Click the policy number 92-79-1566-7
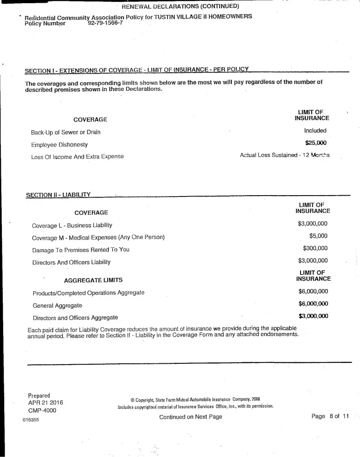point(105,22)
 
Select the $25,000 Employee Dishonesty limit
point(316,143)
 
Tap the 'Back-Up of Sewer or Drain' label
point(65,132)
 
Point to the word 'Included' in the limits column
point(315,130)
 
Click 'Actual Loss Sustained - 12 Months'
point(285,155)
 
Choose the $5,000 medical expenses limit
point(318,236)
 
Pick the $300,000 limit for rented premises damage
point(315,248)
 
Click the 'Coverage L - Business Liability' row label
point(72,225)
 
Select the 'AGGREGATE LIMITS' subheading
point(93,280)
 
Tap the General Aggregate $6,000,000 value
point(313,303)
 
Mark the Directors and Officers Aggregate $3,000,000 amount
point(313,316)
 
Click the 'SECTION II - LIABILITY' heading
point(59,195)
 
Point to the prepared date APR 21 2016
point(46,403)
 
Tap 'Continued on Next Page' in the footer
point(190,417)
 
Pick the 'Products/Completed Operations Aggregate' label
point(88,292)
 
